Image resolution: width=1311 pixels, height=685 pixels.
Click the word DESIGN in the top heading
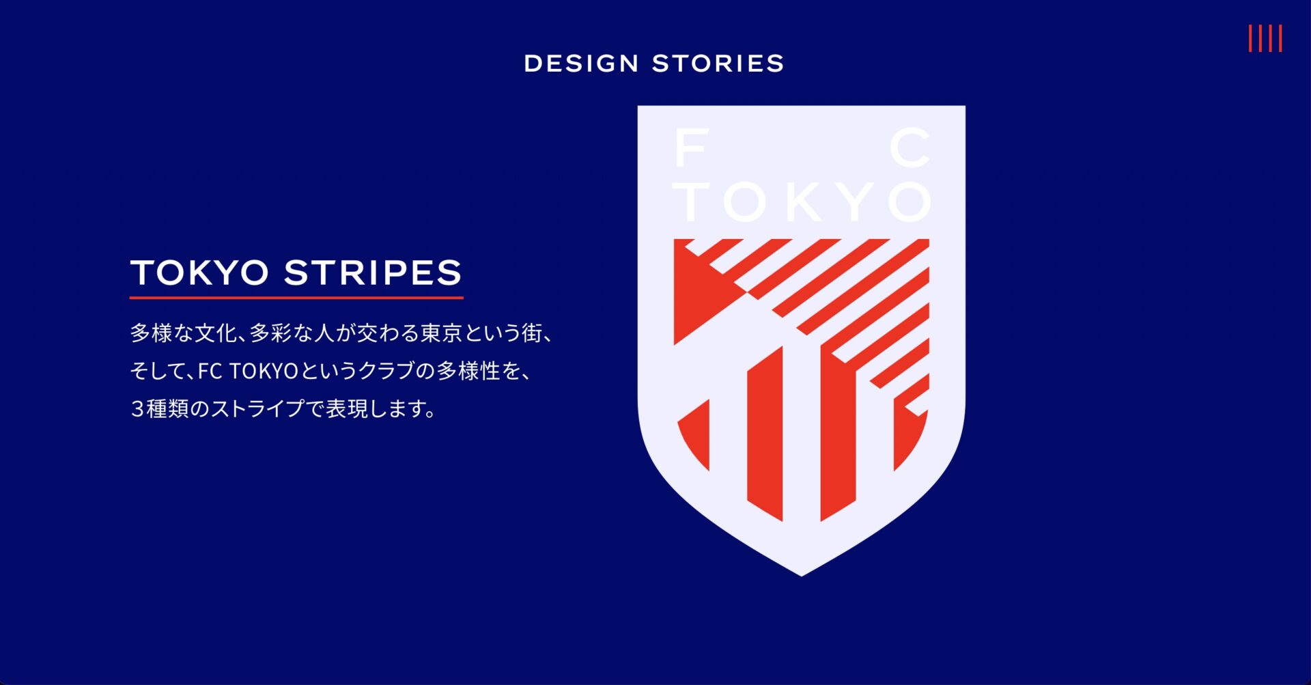[581, 64]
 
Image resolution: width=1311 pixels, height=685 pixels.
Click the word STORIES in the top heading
[718, 64]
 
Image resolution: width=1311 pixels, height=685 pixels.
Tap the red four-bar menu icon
[1265, 38]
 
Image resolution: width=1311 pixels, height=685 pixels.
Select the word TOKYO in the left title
[200, 272]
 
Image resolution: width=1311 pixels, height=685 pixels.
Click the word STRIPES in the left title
[373, 272]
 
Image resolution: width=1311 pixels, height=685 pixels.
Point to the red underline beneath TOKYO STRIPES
[296, 298]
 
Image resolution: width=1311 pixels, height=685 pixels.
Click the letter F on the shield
[691, 148]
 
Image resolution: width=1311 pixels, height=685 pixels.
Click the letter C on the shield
[911, 148]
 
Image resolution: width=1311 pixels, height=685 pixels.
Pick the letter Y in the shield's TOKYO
[855, 201]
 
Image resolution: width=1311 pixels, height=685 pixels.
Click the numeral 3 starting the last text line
[137, 408]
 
